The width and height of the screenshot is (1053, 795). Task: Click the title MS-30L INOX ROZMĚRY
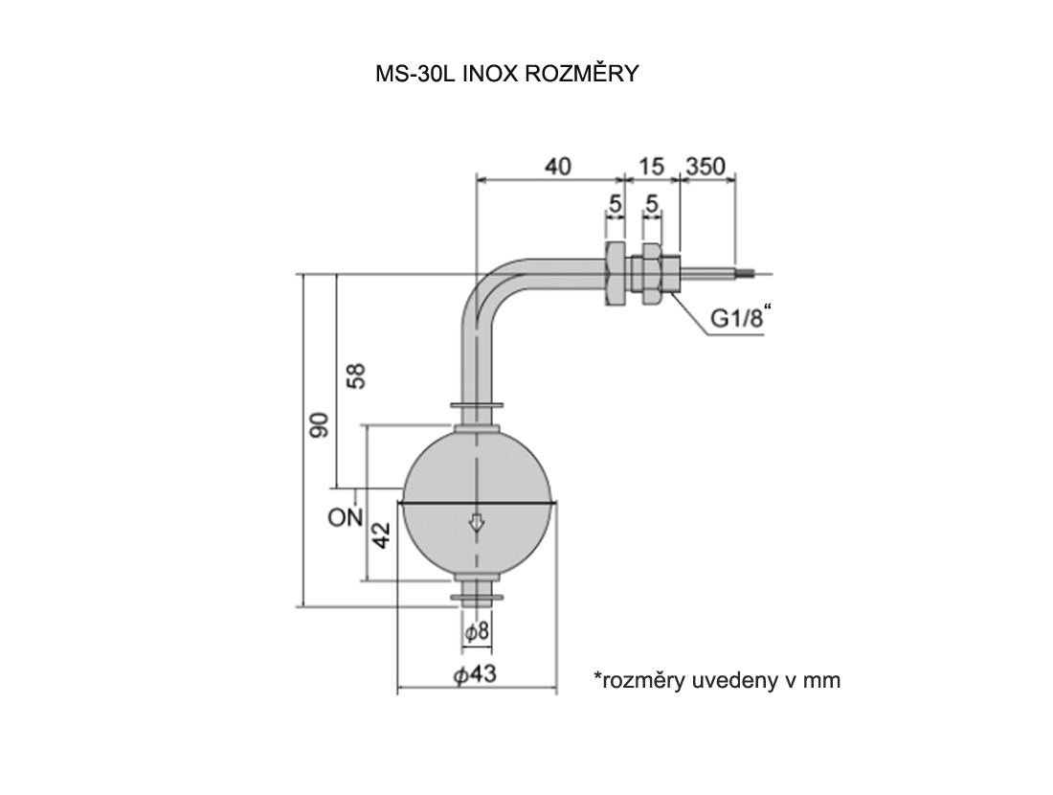tap(506, 75)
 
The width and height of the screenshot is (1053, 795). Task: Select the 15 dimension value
tap(651, 166)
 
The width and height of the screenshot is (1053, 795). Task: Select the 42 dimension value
tap(382, 535)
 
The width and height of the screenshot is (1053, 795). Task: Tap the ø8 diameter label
tap(477, 632)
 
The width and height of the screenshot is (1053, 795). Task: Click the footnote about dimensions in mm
tap(716, 680)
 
